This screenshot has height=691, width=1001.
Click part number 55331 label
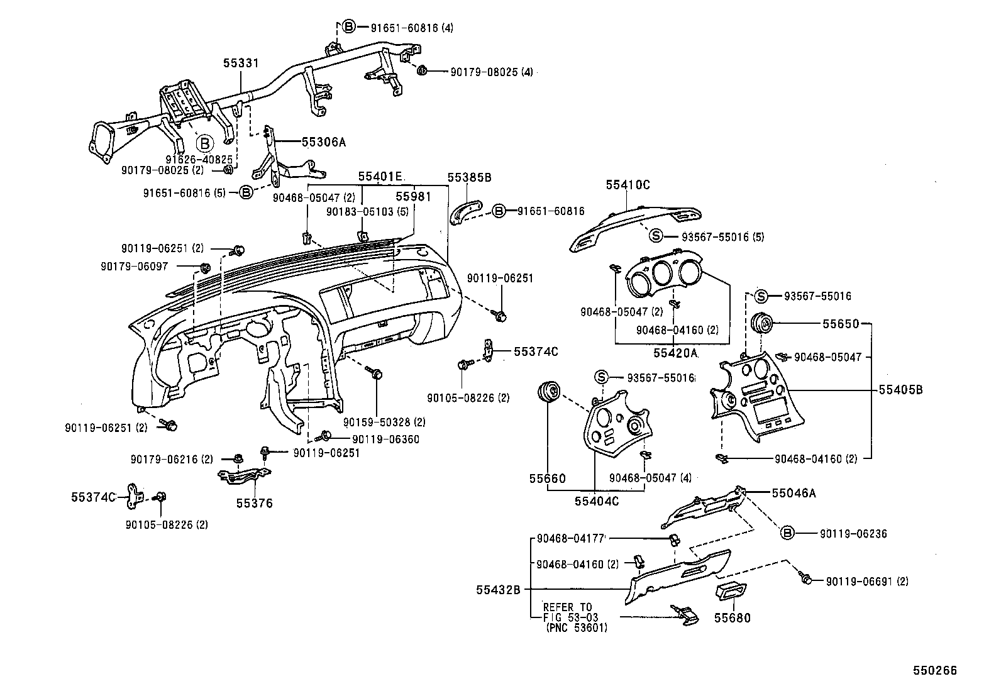click(241, 64)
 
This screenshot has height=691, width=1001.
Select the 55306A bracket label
click(324, 142)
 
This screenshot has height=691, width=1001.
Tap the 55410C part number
click(628, 185)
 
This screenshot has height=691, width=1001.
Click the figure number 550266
click(935, 671)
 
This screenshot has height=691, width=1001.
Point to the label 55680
click(732, 618)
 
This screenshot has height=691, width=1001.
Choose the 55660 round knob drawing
click(550, 391)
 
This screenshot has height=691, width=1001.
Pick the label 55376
click(255, 503)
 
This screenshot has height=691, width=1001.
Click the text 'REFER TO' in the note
click(567, 607)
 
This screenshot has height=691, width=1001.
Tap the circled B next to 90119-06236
click(787, 533)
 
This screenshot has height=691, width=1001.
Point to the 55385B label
click(469, 178)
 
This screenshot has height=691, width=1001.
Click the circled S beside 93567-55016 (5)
click(656, 236)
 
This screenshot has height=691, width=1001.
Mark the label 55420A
click(675, 353)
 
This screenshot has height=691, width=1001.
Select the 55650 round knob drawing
click(763, 323)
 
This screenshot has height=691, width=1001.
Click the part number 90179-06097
click(134, 267)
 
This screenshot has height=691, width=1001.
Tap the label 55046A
click(794, 494)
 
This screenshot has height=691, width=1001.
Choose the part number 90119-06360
click(385, 439)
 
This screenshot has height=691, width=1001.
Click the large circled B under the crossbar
click(204, 143)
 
